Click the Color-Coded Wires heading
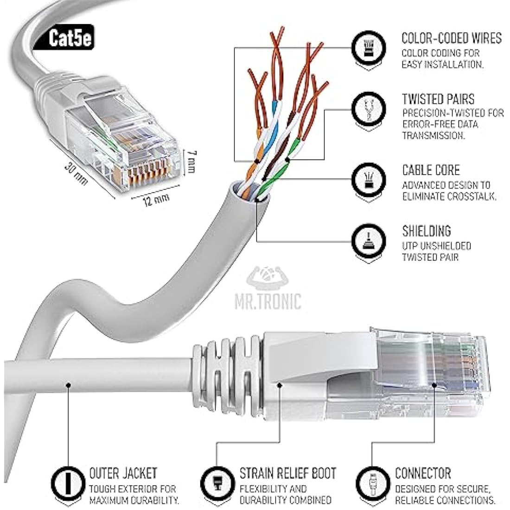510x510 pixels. point(451,38)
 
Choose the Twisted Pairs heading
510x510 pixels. point(438,99)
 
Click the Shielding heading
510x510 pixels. point(426,231)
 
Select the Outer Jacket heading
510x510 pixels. point(123,473)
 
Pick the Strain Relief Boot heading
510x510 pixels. point(287,473)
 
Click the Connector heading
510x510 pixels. point(422,473)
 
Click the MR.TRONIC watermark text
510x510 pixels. point(274,300)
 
